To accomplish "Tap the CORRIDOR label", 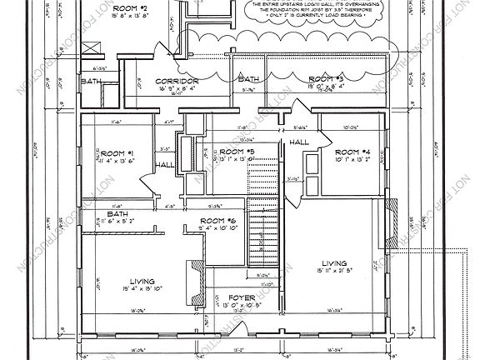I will pyautogui.click(x=175, y=81).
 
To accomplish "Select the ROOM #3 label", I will pyautogui.click(x=326, y=77).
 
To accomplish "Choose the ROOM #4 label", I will pyautogui.click(x=352, y=152).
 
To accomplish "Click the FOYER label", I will pyautogui.click(x=242, y=297).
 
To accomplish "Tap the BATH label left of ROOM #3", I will pyautogui.click(x=247, y=78).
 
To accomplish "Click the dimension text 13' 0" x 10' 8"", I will pyautogui.click(x=242, y=305).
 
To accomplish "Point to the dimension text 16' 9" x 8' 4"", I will pyautogui.click(x=175, y=87).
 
